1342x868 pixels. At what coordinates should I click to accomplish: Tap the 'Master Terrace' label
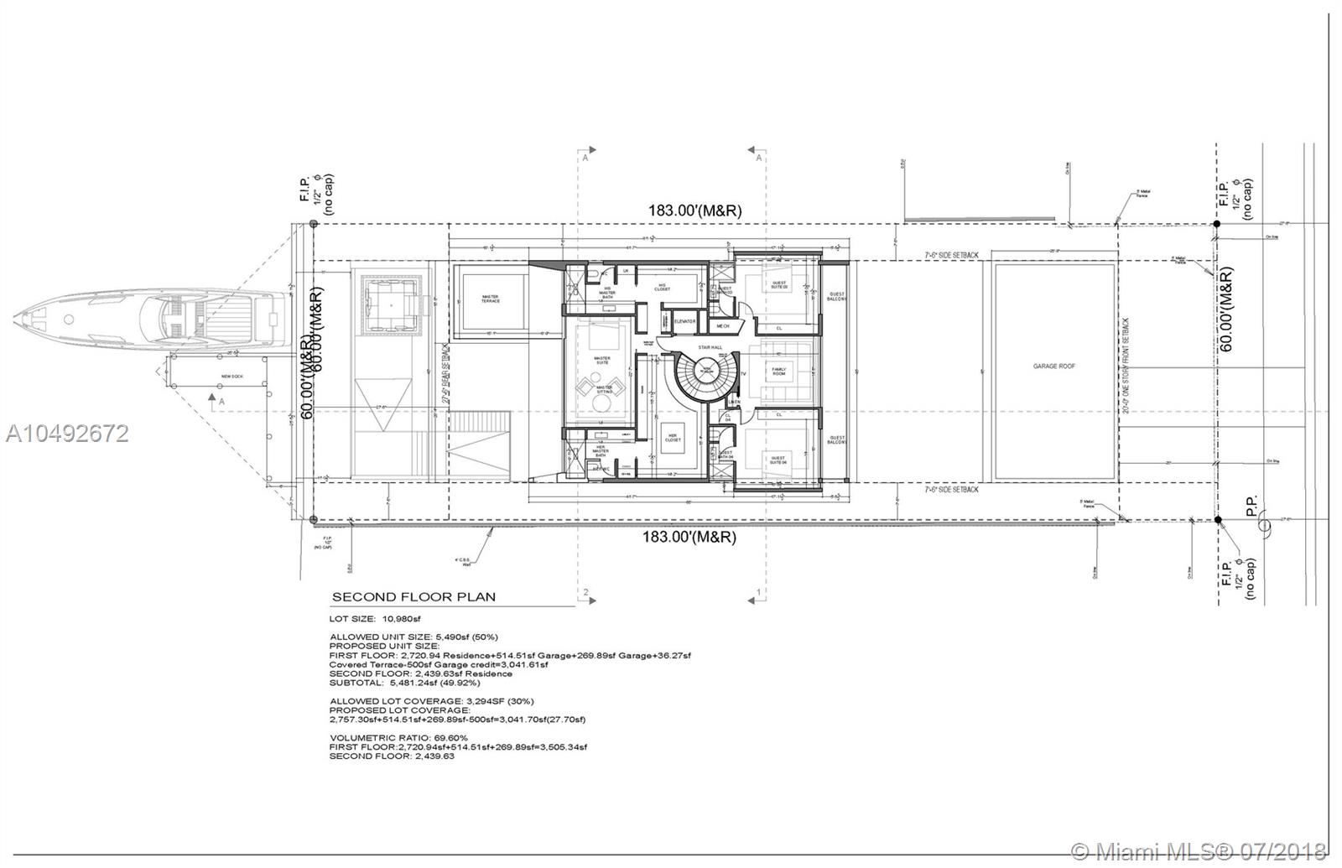(x=491, y=299)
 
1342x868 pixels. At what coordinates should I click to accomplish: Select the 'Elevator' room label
(x=685, y=321)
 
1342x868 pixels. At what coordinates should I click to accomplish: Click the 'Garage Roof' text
(x=1054, y=366)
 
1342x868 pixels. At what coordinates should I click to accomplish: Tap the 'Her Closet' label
(x=672, y=439)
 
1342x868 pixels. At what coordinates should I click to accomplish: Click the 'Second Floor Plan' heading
(x=414, y=597)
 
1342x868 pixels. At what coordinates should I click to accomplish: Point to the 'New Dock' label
(x=231, y=376)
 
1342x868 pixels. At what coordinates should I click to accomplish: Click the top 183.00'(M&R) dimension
(x=694, y=211)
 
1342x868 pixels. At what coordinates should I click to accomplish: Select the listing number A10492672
(x=67, y=433)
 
